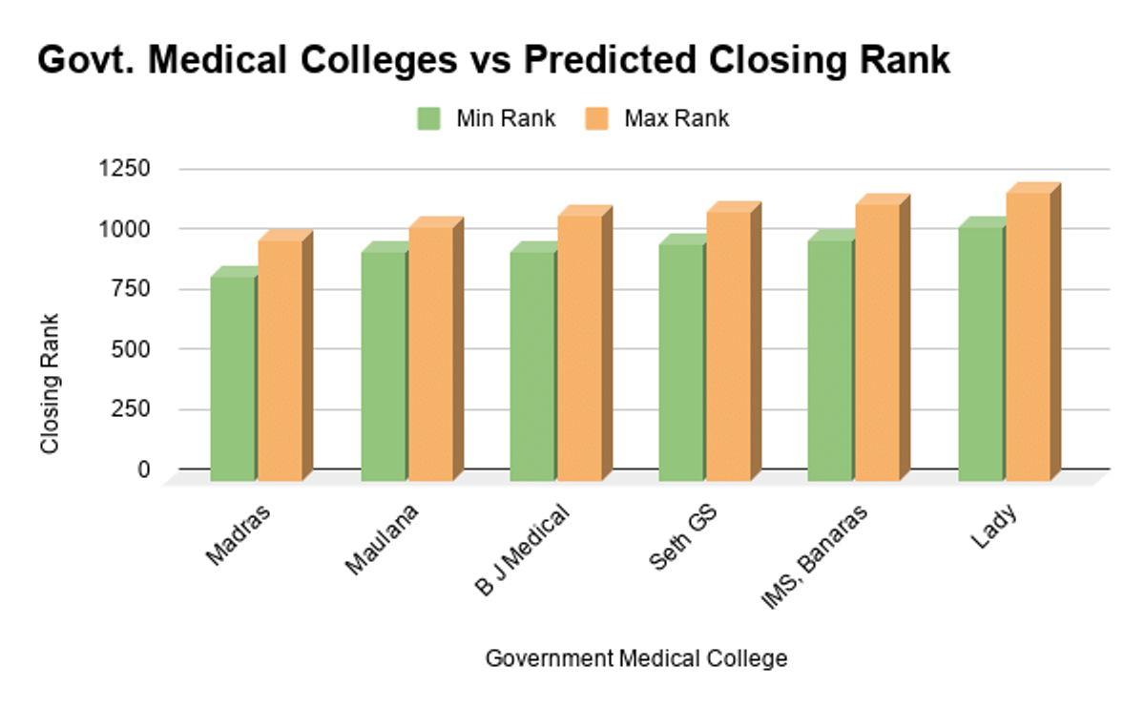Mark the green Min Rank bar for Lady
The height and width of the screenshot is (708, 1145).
coord(981,354)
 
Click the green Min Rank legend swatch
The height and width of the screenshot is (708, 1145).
coord(428,119)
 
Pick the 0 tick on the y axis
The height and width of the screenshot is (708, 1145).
coord(144,469)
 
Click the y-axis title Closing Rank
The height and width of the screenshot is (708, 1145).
coord(50,384)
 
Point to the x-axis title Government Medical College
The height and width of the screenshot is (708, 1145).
coord(636,658)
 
